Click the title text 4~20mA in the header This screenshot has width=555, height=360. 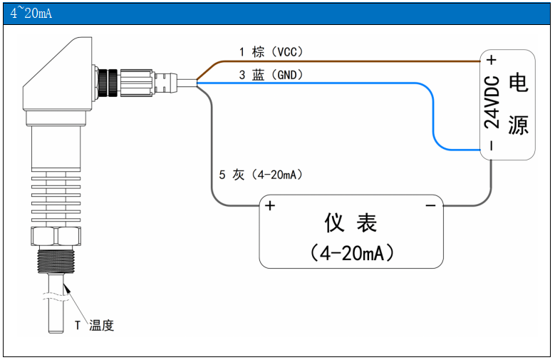coord(31,14)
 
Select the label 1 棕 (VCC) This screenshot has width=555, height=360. coord(271,51)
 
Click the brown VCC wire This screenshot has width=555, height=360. coord(342,61)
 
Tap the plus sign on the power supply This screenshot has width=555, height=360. coord(492,60)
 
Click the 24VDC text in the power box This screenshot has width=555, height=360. coord(492,103)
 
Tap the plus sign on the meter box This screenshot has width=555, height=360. coord(270,206)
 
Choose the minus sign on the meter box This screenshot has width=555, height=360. coord(430,206)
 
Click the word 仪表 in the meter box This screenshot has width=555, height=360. coord(351,223)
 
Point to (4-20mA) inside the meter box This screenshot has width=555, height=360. coord(351,252)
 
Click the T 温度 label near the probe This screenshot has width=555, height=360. coord(95,326)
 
